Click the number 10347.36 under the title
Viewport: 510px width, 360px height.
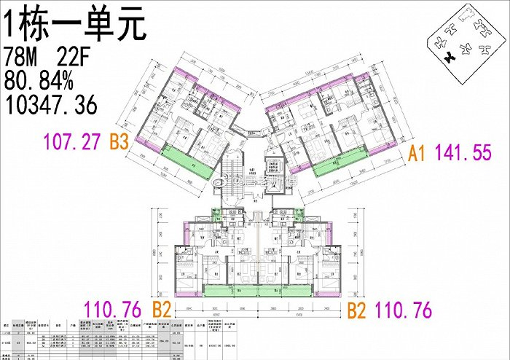[x=51, y=105]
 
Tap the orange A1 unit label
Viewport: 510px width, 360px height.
[x=417, y=154]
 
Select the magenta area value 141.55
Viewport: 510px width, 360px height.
[x=466, y=154]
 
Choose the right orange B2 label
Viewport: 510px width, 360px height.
[x=356, y=310]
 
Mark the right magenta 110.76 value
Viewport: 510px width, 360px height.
[x=403, y=310]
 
